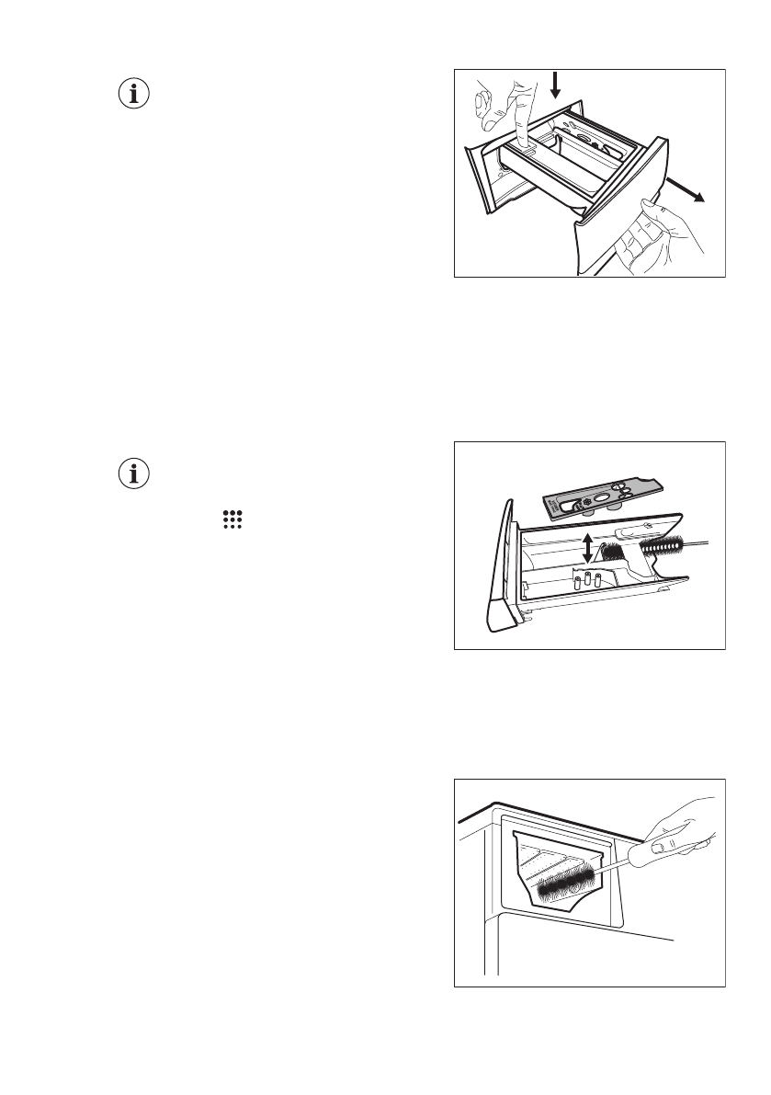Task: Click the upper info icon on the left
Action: coord(134,95)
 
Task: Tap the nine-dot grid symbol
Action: coord(231,519)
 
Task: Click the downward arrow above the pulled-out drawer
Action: coord(554,86)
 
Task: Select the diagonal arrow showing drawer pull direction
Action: coord(685,189)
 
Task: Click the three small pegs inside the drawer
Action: coord(588,581)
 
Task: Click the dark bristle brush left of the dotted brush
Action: coord(613,553)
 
